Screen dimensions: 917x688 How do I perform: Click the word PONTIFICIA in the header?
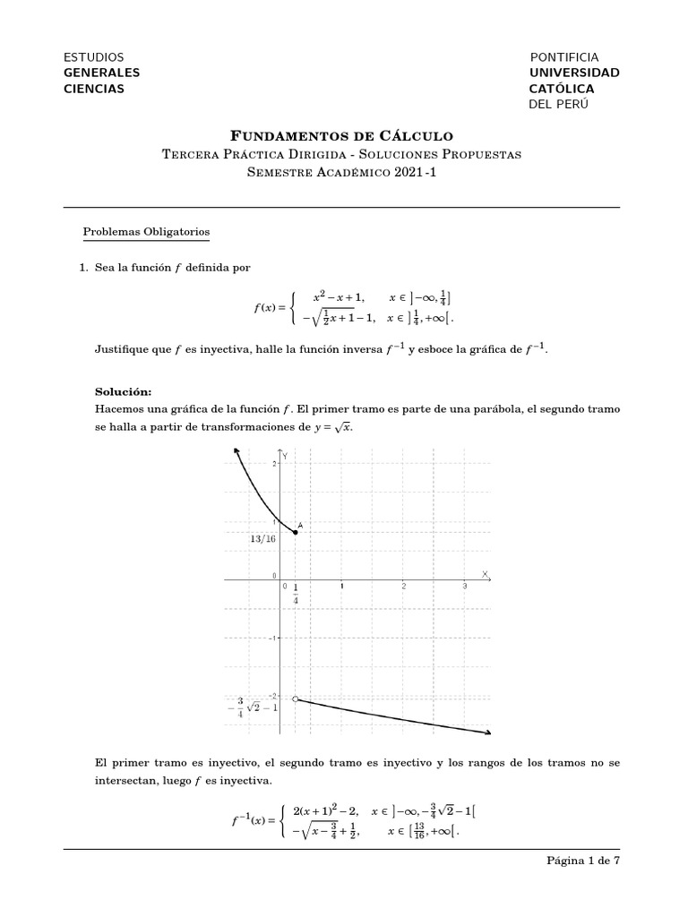564,57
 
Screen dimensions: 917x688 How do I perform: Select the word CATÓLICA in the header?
562,89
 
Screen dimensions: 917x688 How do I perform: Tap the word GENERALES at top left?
101,73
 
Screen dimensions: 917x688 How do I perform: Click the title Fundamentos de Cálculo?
342,136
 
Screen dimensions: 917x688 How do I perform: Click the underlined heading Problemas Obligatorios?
146,232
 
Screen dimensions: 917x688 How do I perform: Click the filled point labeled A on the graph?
296,532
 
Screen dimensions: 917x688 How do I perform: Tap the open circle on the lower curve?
296,698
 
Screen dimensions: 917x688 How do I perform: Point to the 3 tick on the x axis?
464,586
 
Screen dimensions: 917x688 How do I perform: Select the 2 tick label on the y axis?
274,463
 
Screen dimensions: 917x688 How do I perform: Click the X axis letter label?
485,573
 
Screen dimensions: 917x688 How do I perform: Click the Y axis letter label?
286,456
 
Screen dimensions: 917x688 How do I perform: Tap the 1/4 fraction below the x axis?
296,594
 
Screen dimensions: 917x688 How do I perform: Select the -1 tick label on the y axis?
272,638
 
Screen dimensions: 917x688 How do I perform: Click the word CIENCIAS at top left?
94,89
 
